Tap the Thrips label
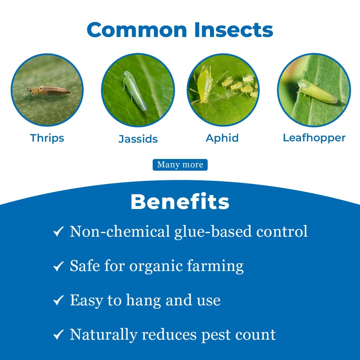click(47, 138)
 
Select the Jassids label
click(138, 139)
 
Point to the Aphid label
click(222, 138)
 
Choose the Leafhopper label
click(314, 138)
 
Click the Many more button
click(180, 165)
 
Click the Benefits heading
click(180, 201)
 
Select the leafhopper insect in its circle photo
click(317, 92)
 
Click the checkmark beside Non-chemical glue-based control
click(58, 232)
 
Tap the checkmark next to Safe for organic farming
click(58, 266)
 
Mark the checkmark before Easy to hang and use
click(58, 301)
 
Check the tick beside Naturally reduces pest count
click(58, 335)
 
